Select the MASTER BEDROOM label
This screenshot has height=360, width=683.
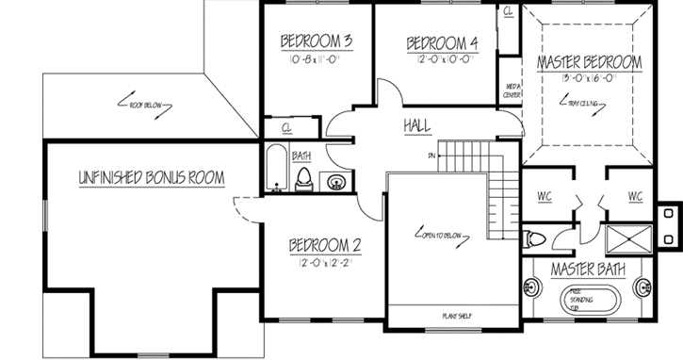click(589, 62)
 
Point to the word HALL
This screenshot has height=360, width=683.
click(417, 125)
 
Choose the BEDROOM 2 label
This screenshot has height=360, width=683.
click(325, 246)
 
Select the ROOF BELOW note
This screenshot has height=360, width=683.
click(147, 105)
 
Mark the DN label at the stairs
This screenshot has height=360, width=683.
click(431, 155)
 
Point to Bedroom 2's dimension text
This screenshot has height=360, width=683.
click(325, 264)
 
